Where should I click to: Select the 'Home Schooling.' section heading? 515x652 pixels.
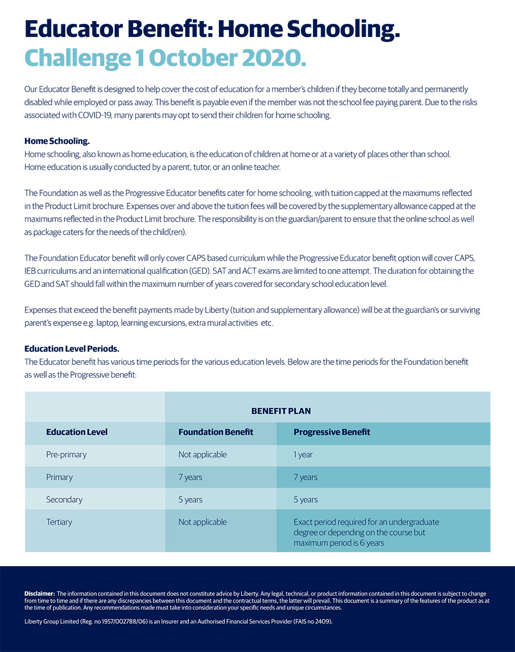coord(57,141)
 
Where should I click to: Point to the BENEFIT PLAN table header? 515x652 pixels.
coord(281,411)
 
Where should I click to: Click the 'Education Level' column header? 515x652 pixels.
coord(77,432)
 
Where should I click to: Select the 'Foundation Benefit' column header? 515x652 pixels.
coord(216,432)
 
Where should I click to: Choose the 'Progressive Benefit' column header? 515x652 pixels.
coord(331,432)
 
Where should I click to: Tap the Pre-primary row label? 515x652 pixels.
coord(66,455)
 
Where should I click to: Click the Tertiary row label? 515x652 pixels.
coord(59,522)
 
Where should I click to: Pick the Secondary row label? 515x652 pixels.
coord(64,500)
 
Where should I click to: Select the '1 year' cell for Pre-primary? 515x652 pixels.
coord(303,455)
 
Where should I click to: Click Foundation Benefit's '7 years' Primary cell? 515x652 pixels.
coord(190,478)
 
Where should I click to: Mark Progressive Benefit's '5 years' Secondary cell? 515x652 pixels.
coord(306,500)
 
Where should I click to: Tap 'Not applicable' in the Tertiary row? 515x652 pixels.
coord(203,522)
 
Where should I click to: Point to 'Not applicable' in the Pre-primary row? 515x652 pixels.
coord(203,455)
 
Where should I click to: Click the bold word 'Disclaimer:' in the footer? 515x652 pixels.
coord(40,594)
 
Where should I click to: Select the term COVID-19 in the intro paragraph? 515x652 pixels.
coord(98,115)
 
